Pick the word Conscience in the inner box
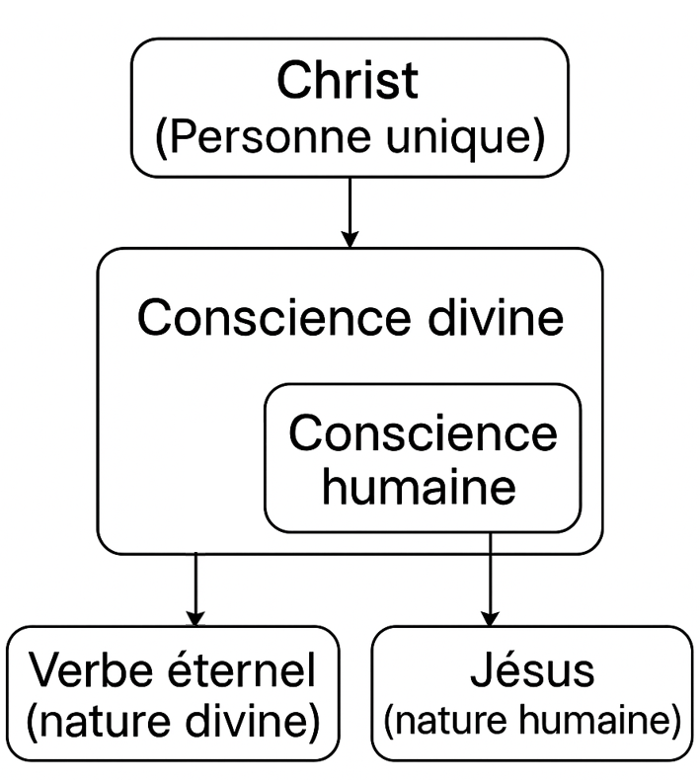point(424,434)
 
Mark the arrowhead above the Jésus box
point(491,617)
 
